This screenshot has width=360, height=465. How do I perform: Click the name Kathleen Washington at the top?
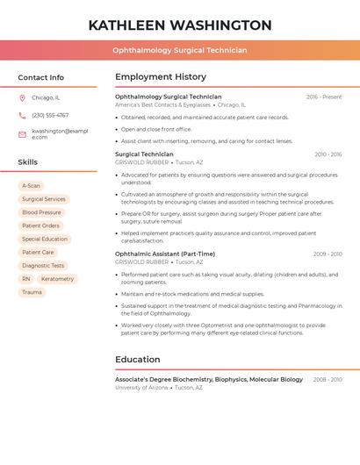point(180,25)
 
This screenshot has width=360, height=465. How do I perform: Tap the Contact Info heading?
point(41,77)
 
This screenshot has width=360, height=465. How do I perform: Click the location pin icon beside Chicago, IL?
point(22,97)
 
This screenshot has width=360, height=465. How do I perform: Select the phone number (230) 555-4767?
point(50,115)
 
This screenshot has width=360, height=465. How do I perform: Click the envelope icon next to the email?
point(22,134)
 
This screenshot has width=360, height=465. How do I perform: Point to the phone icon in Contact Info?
point(22,115)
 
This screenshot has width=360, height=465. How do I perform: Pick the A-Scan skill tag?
point(32,186)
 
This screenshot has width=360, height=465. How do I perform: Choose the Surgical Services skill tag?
point(44,199)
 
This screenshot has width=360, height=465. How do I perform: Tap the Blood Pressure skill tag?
point(41,212)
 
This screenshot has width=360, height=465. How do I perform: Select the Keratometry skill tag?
point(57,279)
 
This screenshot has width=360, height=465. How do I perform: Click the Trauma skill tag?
point(32,292)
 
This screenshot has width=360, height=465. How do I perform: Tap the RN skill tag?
point(26,279)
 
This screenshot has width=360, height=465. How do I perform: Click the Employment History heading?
point(161,77)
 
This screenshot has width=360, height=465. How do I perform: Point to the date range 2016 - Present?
point(324,97)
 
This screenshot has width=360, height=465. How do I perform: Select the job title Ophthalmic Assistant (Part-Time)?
point(165,254)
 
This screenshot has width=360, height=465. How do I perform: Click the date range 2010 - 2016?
point(328,154)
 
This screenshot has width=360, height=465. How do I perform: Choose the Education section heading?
point(138,360)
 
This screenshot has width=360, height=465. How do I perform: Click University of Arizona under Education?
point(141,388)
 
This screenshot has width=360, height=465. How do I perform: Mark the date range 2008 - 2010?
point(328,380)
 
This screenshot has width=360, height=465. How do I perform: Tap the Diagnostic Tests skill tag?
point(43,266)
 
